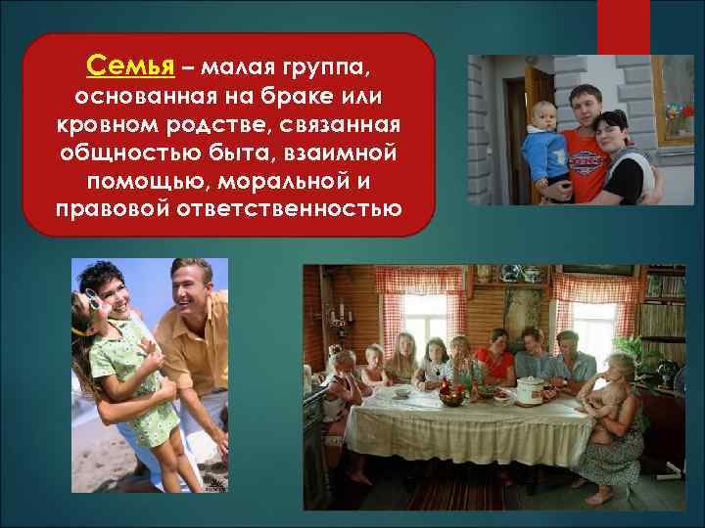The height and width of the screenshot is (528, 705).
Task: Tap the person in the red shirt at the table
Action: click(x=495, y=362)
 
